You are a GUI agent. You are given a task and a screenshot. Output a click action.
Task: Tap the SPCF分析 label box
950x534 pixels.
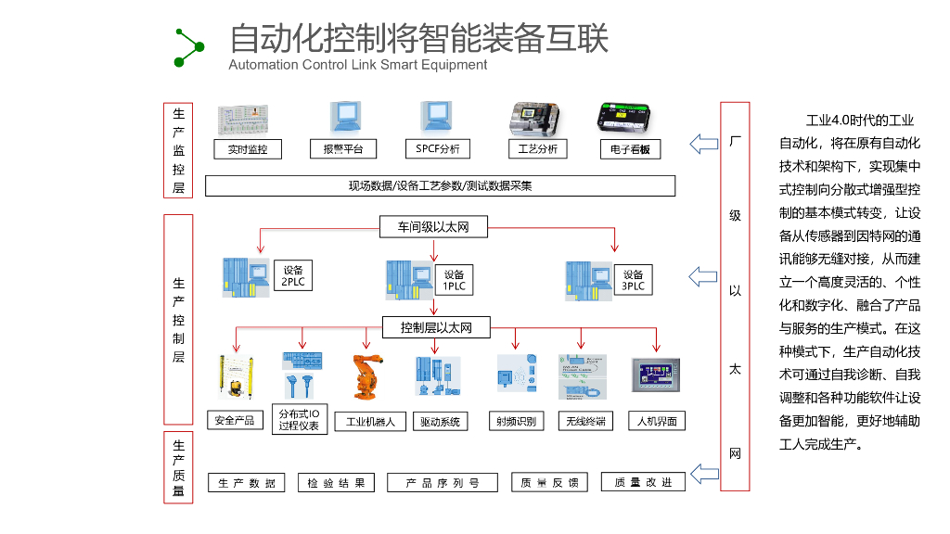pyautogui.click(x=437, y=148)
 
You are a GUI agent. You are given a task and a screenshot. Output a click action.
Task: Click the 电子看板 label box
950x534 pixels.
pyautogui.click(x=630, y=148)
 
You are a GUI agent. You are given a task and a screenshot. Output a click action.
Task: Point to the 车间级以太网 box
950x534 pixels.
pyautogui.click(x=434, y=226)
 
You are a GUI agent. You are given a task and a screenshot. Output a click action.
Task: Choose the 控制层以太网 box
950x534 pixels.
pyautogui.click(x=436, y=327)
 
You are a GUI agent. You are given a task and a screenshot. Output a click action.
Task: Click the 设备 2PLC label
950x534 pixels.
pyautogui.click(x=292, y=275)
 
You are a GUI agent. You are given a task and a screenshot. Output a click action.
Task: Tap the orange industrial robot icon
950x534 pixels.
pyautogui.click(x=365, y=378)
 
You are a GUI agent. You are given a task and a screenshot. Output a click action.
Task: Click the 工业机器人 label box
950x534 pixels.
pyautogui.click(x=370, y=422)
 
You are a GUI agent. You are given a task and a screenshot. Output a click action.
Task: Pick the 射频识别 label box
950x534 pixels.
pyautogui.click(x=516, y=421)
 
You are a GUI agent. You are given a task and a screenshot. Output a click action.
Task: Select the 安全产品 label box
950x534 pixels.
pyautogui.click(x=234, y=420)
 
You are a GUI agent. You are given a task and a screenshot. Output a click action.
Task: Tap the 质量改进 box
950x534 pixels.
pyautogui.click(x=643, y=482)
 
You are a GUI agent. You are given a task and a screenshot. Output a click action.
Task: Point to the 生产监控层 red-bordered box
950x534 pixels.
pyautogui.click(x=178, y=150)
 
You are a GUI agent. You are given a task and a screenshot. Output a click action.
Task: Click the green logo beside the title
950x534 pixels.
pyautogui.click(x=188, y=47)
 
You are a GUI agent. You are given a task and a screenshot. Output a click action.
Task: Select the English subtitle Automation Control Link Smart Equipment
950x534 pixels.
pyautogui.click(x=357, y=65)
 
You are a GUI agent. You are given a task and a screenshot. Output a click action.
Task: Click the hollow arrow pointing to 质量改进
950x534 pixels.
pyautogui.click(x=705, y=475)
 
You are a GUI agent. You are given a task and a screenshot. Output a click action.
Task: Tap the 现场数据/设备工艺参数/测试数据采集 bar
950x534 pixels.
pyautogui.click(x=440, y=185)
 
